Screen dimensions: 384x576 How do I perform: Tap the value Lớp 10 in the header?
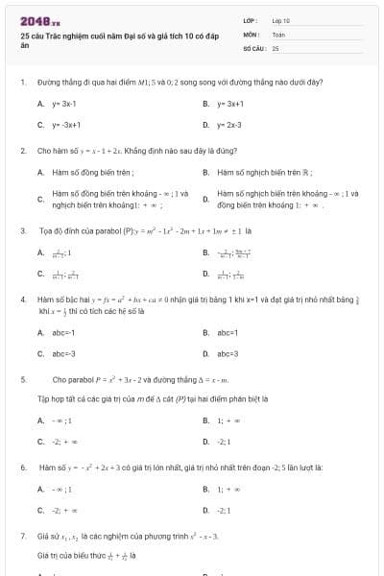pyautogui.click(x=280, y=20)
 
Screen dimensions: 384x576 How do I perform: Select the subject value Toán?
pyautogui.click(x=278, y=33)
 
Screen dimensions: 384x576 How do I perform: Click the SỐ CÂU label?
pyautogui.click(x=252, y=46)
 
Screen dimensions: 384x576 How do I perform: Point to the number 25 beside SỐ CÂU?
pyautogui.click(x=276, y=46)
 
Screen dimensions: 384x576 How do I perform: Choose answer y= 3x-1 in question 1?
pyautogui.click(x=64, y=103)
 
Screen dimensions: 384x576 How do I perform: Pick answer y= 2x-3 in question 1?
pyautogui.click(x=229, y=125)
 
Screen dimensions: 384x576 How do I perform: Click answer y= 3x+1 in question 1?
pyautogui.click(x=230, y=103)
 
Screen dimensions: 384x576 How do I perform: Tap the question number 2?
pyautogui.click(x=22, y=151)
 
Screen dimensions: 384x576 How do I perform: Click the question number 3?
pyautogui.click(x=22, y=230)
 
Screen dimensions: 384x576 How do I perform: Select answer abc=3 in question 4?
pyautogui.click(x=228, y=353)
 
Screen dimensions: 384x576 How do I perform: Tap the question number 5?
pyautogui.click(x=22, y=379)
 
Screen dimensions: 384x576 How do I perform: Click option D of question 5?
pyautogui.click(x=227, y=441)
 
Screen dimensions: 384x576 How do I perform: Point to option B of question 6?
pyautogui.click(x=227, y=489)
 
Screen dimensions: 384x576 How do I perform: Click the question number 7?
pyautogui.click(x=22, y=534)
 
